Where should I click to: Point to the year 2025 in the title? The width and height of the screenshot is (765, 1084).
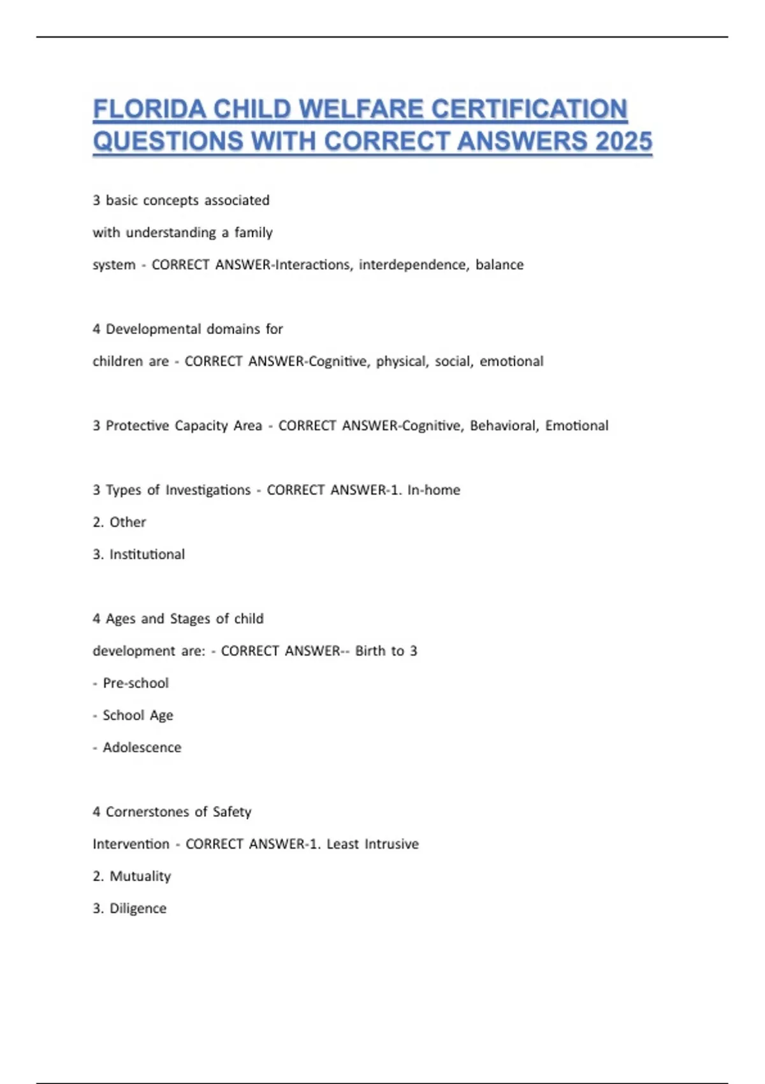pos(623,141)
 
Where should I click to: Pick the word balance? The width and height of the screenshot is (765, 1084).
pos(499,265)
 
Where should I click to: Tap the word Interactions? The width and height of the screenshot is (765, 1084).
pos(312,265)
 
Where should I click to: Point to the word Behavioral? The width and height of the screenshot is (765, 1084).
pos(504,426)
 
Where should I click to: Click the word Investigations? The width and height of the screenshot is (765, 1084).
pos(208,490)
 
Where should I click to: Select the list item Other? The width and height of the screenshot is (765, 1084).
pos(127,522)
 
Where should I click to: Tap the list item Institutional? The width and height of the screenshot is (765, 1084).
pos(147,555)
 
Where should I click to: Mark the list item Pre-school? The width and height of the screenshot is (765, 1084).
pos(135,683)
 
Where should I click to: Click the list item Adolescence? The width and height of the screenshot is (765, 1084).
pos(142,747)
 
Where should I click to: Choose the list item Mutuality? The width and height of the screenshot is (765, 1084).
pos(140,876)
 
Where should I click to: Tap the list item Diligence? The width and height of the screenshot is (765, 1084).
pos(138,909)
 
